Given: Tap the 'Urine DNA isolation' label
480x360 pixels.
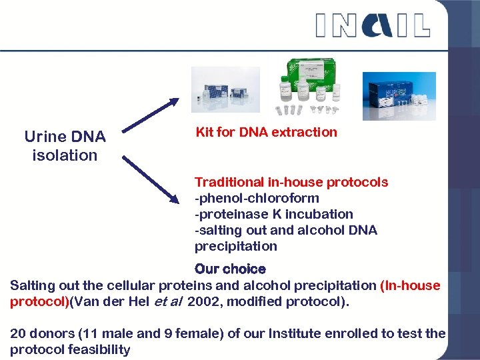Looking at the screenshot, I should click(x=65, y=146).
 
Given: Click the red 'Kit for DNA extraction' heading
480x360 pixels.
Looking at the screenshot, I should click(x=266, y=132).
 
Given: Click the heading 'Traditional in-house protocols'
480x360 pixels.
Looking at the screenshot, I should click(x=291, y=182).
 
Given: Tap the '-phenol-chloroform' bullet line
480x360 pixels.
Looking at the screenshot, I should click(x=257, y=198).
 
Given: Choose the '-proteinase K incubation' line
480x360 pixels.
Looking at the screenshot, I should click(x=273, y=214).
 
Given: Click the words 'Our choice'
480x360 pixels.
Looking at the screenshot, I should click(x=230, y=269).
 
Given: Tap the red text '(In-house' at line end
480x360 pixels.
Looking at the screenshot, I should click(x=410, y=285).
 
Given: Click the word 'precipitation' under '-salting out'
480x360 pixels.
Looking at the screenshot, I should click(x=235, y=246).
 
